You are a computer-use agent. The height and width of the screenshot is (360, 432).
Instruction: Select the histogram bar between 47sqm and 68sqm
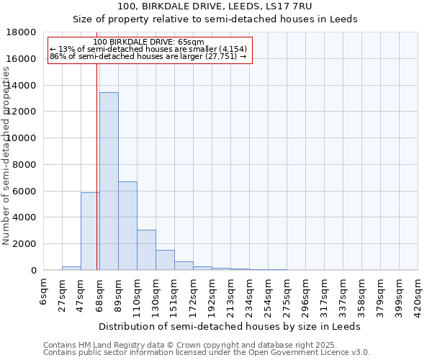coord(90,231)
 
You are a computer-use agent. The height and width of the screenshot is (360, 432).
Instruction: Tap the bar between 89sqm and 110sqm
coord(127,226)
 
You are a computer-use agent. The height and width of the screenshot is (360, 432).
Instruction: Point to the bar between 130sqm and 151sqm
coord(165,260)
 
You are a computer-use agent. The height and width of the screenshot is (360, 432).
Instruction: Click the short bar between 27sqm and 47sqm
coord(71,268)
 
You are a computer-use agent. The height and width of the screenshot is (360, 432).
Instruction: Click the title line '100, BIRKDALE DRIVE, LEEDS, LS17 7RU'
coord(216,7)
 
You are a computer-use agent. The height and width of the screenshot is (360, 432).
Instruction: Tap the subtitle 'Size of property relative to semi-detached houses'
coord(216,19)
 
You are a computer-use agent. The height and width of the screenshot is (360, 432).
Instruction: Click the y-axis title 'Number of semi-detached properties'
coord(7,151)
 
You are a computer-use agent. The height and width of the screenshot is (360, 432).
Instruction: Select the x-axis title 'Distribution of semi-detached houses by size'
coord(230,326)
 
